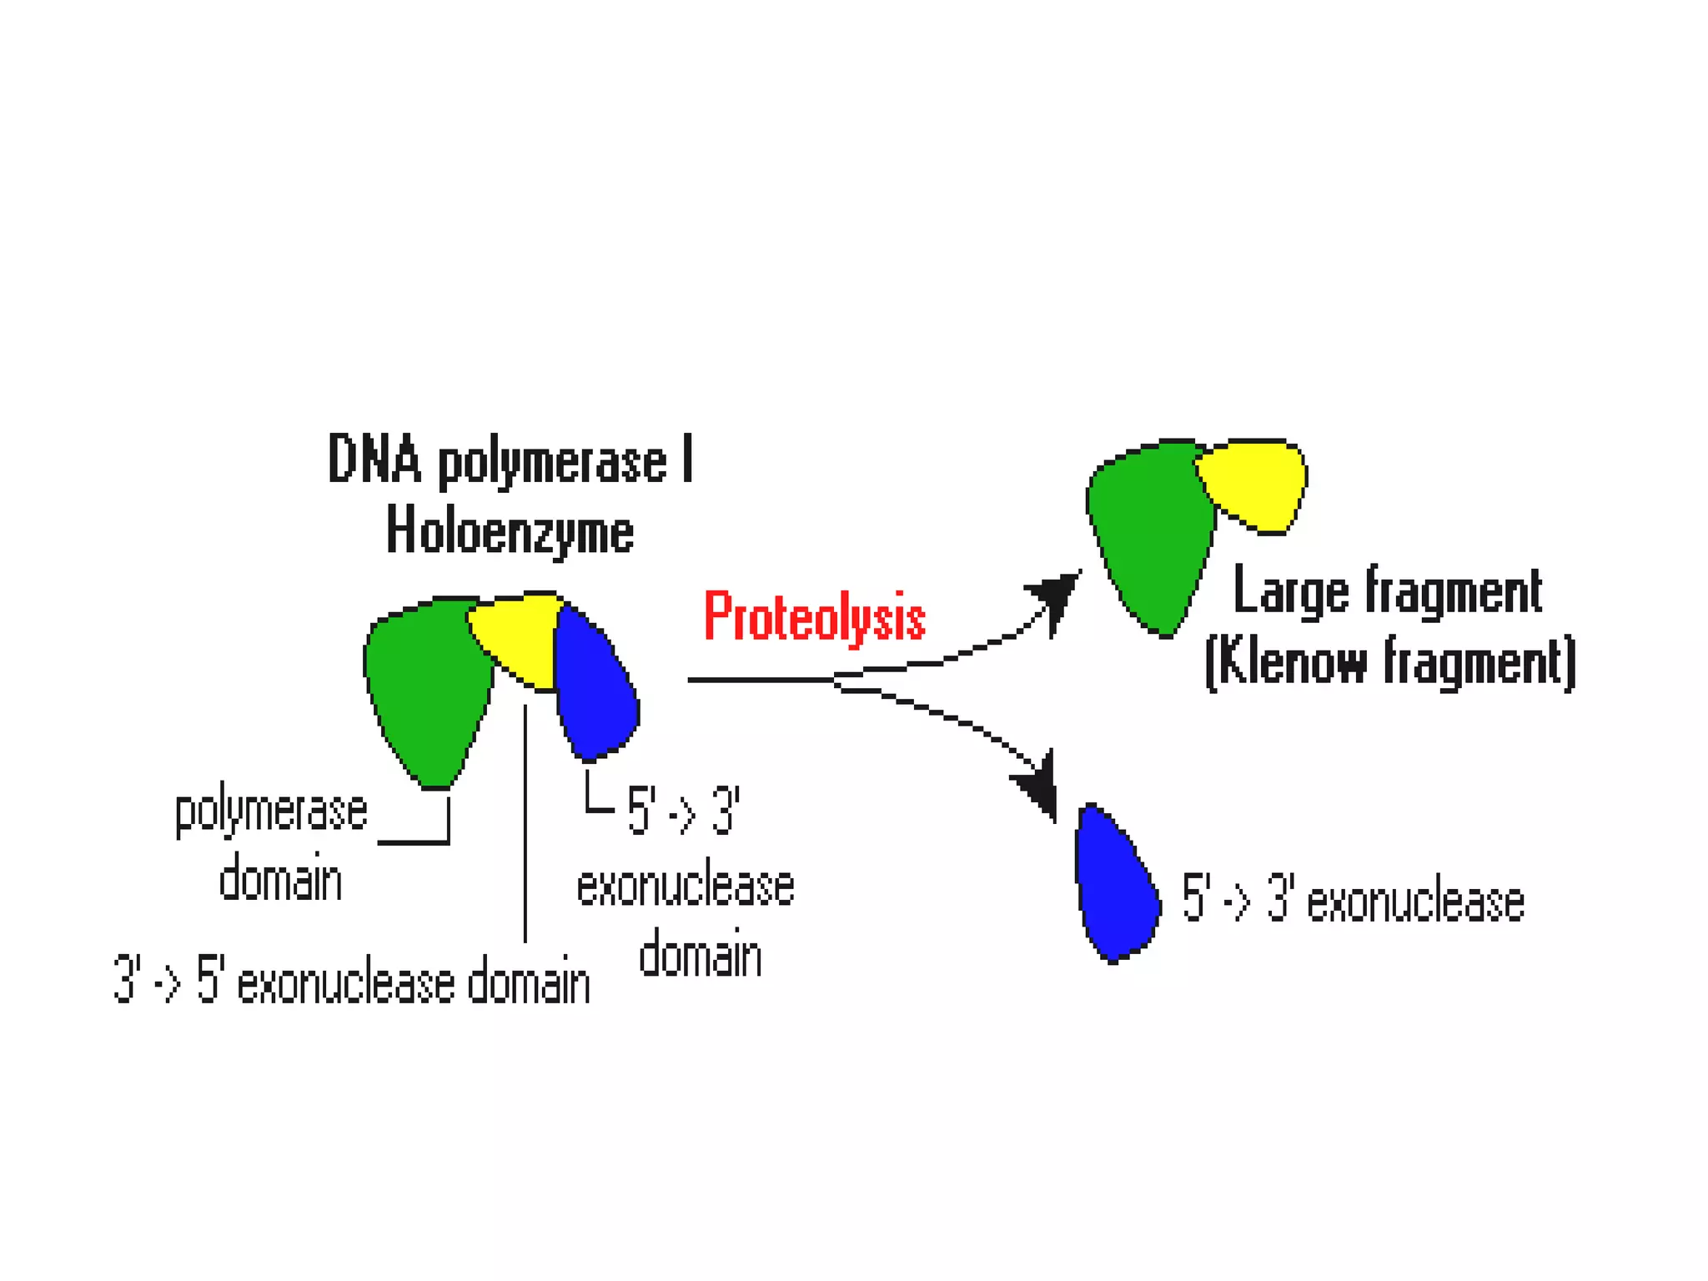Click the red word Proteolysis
click(814, 618)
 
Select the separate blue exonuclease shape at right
click(1115, 888)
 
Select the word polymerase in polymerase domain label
click(271, 811)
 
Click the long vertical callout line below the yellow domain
click(525, 826)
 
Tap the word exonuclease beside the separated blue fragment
click(1415, 903)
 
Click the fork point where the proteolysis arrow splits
click(836, 681)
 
